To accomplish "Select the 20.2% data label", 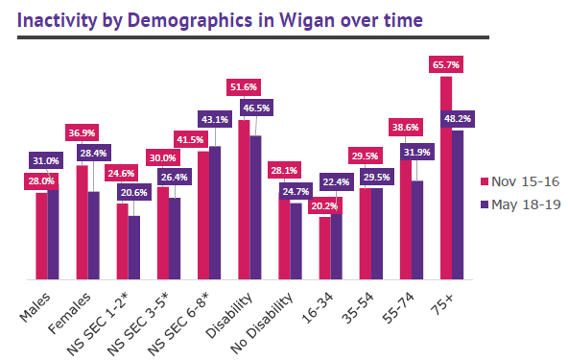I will click(x=324, y=204).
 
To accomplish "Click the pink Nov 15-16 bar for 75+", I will click(x=445, y=179).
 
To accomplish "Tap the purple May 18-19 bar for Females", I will click(x=93, y=236).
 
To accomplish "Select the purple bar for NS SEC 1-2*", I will click(x=133, y=248).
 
